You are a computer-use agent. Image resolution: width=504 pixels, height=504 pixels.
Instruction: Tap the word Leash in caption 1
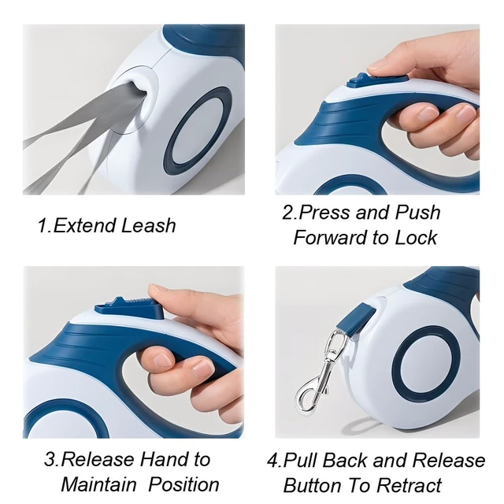[x=149, y=225]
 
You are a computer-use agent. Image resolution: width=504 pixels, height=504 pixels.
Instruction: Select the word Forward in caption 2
[x=331, y=238]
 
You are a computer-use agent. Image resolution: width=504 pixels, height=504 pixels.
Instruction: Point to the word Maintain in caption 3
[x=98, y=484]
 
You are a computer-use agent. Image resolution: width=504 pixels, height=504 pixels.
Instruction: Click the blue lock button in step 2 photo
[x=377, y=80]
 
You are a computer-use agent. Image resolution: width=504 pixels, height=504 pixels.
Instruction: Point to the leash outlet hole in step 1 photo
[x=139, y=93]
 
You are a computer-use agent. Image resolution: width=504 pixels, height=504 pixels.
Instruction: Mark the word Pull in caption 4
[x=300, y=460]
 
